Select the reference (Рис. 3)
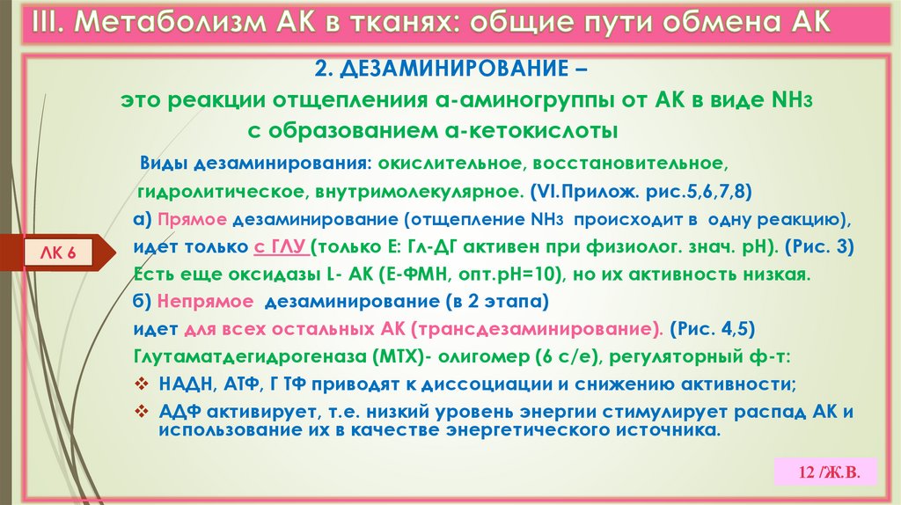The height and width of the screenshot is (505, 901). (817, 247)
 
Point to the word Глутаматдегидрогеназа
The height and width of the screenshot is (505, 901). (233, 356)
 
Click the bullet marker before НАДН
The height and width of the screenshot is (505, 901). (142, 384)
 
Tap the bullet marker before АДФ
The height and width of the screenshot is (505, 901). (142, 412)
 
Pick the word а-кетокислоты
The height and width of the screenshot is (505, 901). (528, 131)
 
